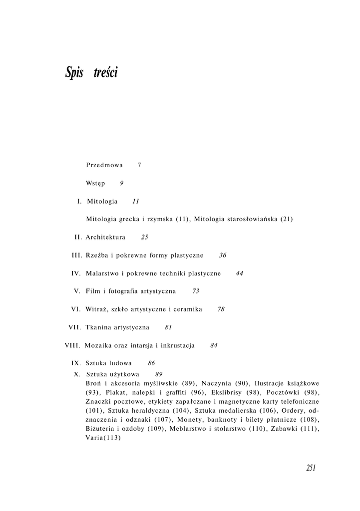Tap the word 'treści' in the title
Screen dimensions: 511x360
coord(105,73)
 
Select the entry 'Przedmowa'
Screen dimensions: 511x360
coord(104,165)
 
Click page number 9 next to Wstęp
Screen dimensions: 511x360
coord(122,183)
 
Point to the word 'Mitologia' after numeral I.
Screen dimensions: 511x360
coord(102,202)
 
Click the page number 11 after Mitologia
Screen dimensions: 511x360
coord(136,202)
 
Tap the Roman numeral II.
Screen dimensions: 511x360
coord(78,237)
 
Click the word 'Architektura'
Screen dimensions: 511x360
coord(105,237)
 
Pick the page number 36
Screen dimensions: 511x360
coord(223,255)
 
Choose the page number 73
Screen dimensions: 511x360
coord(196,291)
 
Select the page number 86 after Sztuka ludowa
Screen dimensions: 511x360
coord(152,363)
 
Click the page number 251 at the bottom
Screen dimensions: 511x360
coord(311,468)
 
